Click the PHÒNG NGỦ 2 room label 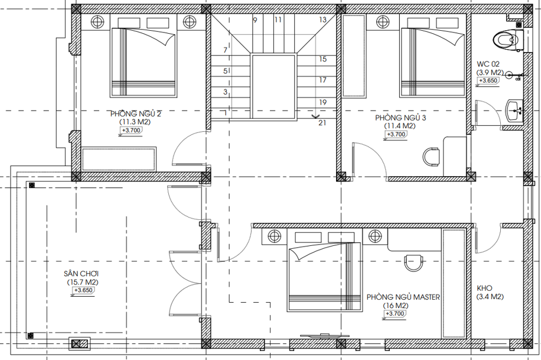point(136,113)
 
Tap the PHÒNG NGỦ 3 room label point(400,118)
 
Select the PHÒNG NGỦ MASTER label point(403,297)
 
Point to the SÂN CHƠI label point(82,274)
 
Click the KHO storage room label point(484,288)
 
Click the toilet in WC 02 point(509,39)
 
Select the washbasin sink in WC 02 point(514,110)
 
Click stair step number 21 point(322,122)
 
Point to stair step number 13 point(322,20)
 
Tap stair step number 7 point(225,50)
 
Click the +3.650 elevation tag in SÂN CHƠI point(83,290)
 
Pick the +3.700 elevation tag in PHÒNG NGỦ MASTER point(394,314)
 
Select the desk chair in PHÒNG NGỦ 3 point(431,157)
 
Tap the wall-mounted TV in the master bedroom point(324,335)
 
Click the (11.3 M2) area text point(135,122)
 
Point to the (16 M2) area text point(396,306)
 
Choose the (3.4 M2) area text point(490,297)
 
